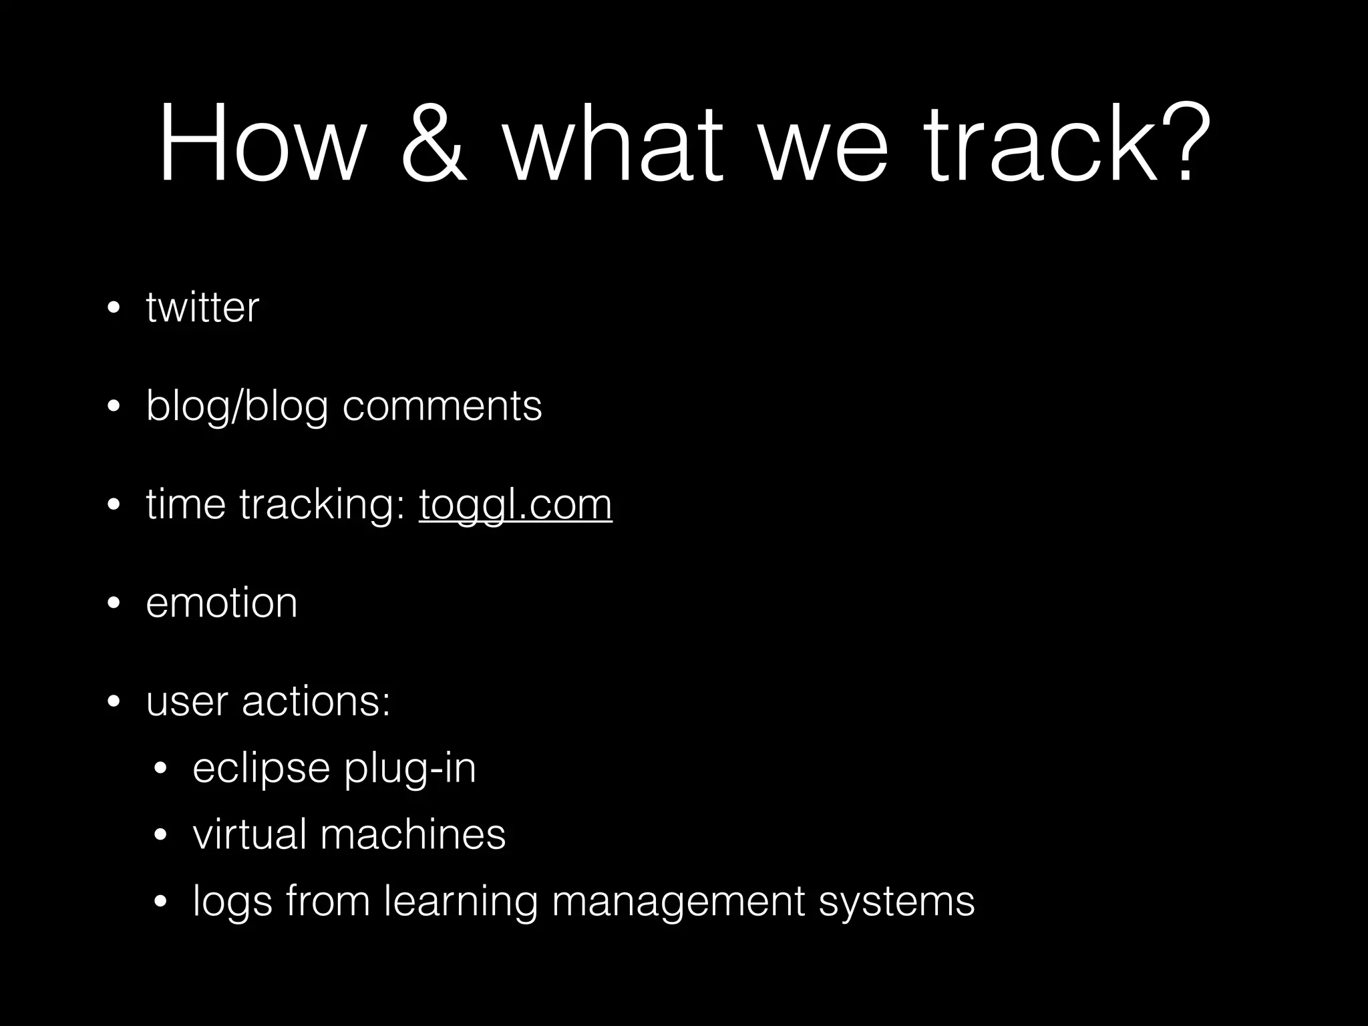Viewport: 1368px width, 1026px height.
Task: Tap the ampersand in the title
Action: (434, 143)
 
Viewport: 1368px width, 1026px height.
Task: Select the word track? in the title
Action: (1068, 143)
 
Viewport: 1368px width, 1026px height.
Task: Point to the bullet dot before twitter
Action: (114, 309)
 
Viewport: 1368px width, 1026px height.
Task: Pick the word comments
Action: (442, 405)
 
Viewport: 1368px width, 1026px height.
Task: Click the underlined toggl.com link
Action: (515, 504)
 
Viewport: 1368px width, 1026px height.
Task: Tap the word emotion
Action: (221, 603)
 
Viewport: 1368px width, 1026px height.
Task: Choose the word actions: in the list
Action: (316, 701)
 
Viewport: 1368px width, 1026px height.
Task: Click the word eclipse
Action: (261, 768)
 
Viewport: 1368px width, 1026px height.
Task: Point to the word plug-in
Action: (409, 768)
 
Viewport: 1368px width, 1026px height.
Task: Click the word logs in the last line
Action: (232, 902)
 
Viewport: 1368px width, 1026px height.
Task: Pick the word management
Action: (678, 902)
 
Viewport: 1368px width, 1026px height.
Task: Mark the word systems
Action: (896, 902)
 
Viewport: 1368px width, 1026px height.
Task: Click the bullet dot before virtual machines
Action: (160, 836)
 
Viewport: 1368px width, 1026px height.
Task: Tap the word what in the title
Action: (613, 143)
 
